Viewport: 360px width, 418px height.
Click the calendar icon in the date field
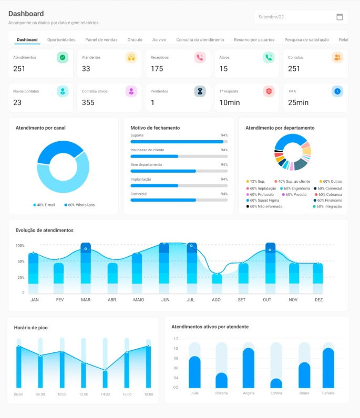coord(340,17)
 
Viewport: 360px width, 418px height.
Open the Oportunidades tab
coord(61,39)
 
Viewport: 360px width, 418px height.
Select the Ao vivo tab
coord(159,39)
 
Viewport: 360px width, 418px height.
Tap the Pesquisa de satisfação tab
coord(306,39)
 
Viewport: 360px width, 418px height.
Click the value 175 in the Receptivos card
coord(157,69)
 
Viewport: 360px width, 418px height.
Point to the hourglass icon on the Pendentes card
coord(200,91)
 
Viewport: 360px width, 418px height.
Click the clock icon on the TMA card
coord(337,91)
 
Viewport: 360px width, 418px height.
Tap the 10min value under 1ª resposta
coord(230,103)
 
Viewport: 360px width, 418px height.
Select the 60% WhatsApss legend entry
coord(79,205)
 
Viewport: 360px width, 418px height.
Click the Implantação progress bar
coord(179,185)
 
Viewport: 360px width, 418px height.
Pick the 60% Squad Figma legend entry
coord(263,200)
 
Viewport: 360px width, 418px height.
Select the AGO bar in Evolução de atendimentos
coord(217,278)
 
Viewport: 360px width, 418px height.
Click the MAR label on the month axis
coord(86,300)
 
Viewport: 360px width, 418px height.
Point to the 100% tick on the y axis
coord(20,246)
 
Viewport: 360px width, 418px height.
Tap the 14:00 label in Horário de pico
coord(105,394)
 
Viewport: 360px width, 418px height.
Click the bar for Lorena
coord(276,383)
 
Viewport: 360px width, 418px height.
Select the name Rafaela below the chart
coord(328,393)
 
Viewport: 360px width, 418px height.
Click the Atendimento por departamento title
coord(280,128)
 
